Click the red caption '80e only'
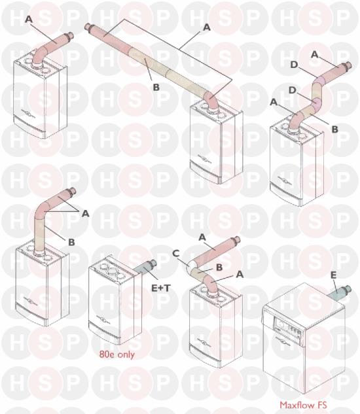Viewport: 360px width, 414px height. click(x=117, y=354)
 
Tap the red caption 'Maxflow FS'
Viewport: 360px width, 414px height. click(x=303, y=405)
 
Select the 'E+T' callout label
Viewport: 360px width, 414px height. click(x=161, y=288)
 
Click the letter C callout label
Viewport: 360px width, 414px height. click(x=176, y=254)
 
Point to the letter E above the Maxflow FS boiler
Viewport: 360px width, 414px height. click(x=334, y=275)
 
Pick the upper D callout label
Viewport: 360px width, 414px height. click(x=294, y=65)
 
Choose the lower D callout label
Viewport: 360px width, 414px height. click(x=293, y=90)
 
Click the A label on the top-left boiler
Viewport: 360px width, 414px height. click(x=29, y=19)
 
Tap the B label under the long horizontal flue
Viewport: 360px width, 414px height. click(x=156, y=87)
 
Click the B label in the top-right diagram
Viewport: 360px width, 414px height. click(x=334, y=129)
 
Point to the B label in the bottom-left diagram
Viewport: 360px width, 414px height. click(x=71, y=242)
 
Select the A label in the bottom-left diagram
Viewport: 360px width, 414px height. click(x=85, y=213)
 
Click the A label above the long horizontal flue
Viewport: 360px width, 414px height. click(x=207, y=27)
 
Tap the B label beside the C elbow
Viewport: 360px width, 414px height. click(x=219, y=267)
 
